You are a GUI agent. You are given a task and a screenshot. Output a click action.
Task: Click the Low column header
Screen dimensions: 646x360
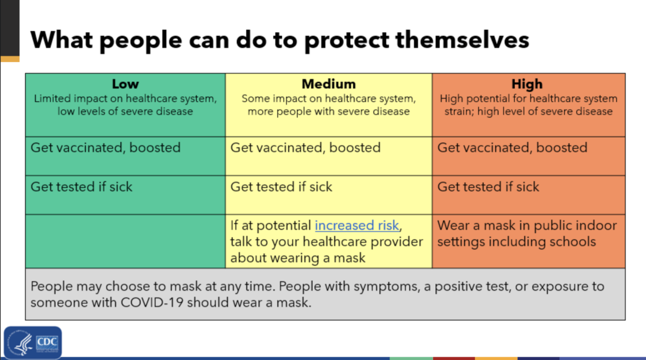click(x=125, y=84)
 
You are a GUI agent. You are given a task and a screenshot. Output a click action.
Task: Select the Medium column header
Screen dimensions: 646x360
click(x=329, y=84)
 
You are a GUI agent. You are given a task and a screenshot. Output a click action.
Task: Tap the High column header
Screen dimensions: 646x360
click(x=527, y=84)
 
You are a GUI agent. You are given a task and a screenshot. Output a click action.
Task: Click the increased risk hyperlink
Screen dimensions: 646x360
click(x=357, y=225)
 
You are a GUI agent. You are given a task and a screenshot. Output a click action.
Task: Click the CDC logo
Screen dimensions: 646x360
click(x=33, y=343)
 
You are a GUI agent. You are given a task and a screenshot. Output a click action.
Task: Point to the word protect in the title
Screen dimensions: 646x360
click(x=346, y=40)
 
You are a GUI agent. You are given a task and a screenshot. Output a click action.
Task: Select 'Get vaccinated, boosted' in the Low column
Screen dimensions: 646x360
click(x=105, y=148)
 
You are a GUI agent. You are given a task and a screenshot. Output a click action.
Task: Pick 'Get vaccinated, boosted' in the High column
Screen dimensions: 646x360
click(x=512, y=148)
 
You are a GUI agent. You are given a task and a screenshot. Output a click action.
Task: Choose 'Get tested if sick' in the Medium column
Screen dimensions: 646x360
click(x=281, y=187)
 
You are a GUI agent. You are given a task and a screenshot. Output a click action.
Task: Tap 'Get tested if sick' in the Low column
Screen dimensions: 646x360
click(x=81, y=187)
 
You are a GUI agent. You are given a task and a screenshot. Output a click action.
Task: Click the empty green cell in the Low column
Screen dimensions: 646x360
click(x=126, y=241)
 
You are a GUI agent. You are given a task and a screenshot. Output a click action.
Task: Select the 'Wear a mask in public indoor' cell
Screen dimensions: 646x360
click(x=528, y=241)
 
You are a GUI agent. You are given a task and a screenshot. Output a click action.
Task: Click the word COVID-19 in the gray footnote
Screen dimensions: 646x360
click(x=152, y=302)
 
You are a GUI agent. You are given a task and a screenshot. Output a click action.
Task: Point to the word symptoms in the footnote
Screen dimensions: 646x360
click(x=387, y=286)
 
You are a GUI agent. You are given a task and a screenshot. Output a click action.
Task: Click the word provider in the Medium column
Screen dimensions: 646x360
click(x=397, y=242)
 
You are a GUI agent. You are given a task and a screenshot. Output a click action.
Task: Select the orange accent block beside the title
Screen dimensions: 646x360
click(x=10, y=59)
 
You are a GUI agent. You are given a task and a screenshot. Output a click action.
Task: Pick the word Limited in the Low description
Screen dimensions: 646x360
click(x=52, y=98)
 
